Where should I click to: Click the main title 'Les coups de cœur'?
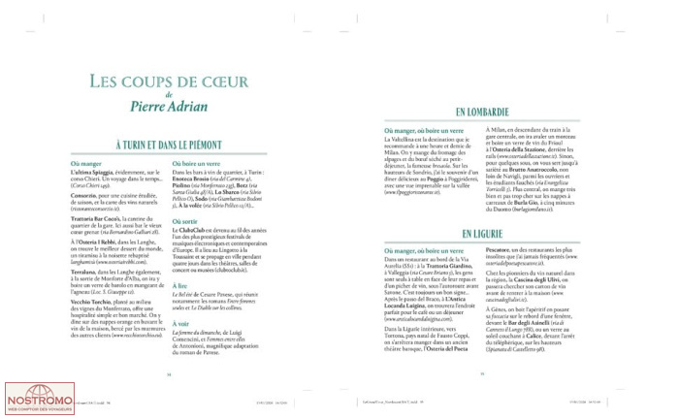pyautogui.click(x=168, y=81)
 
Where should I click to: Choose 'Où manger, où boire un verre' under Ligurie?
pyautogui.click(x=401, y=251)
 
